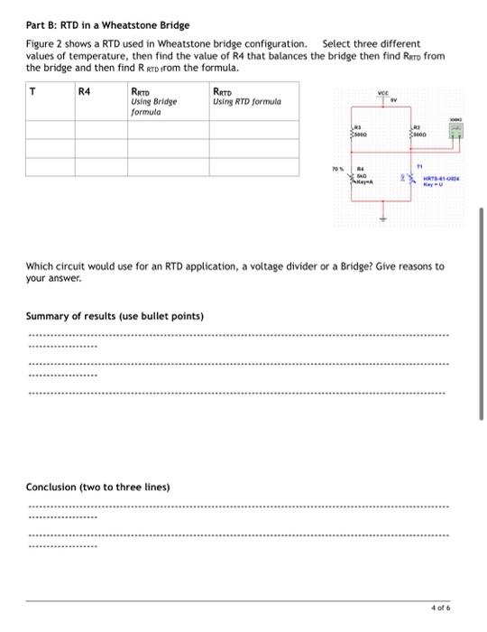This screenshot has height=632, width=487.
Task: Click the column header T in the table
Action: (x=33, y=90)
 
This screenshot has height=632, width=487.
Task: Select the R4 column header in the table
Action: (x=85, y=90)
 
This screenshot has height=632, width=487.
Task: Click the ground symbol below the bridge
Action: (x=383, y=217)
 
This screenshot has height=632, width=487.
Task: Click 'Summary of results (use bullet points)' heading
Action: (x=115, y=316)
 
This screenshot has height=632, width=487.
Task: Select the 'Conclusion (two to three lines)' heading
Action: (x=97, y=488)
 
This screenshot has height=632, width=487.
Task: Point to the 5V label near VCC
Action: (x=393, y=100)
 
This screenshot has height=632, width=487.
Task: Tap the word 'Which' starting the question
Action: (x=38, y=266)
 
